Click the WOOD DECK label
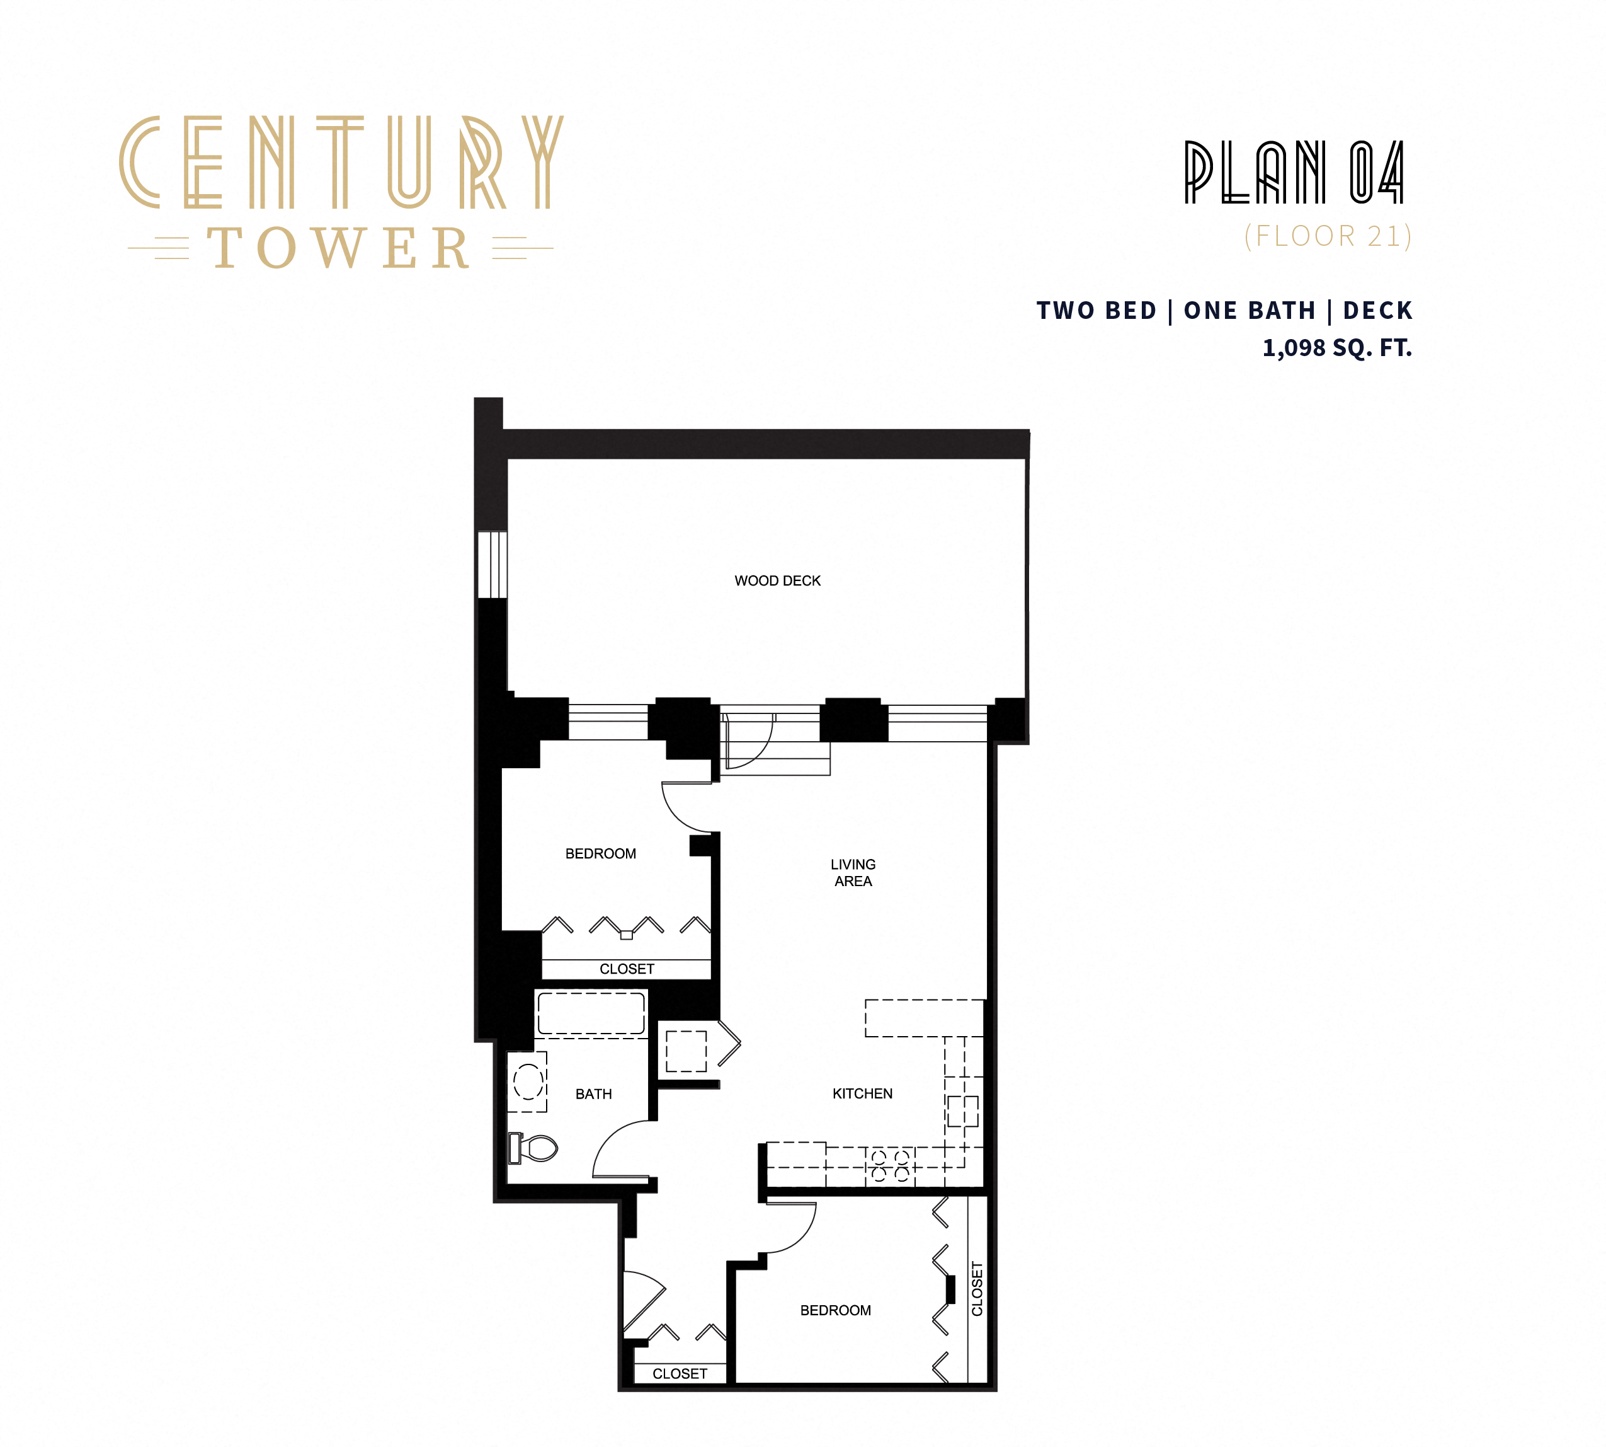coord(777,581)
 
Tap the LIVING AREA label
coord(853,872)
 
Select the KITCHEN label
coord(862,1094)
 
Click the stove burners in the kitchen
coord(890,1165)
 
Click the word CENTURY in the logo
coord(342,163)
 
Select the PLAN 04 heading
coord(1294,173)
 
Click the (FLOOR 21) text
coord(1327,236)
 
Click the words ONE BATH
coord(1249,310)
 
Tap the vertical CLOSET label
coord(977,1289)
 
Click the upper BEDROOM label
coord(600,854)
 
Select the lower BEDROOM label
coord(835,1310)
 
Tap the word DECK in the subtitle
coord(1377,310)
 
